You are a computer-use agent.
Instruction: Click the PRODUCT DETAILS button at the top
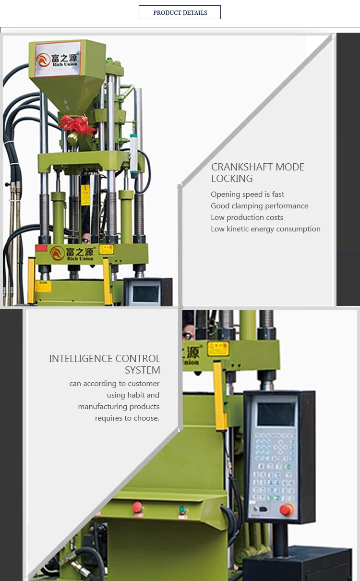tap(180, 12)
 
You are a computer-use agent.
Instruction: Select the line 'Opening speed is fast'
tap(247, 194)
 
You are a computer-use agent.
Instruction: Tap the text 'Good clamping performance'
tap(259, 206)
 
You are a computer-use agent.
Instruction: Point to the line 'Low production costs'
tap(247, 218)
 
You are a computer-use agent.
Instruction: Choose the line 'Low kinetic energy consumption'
tap(265, 229)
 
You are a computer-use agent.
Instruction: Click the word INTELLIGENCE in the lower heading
tap(80, 359)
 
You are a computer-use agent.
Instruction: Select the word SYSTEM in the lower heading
tap(142, 370)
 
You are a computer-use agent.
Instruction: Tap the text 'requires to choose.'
tap(127, 418)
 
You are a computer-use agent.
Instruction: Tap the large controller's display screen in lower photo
tap(276, 414)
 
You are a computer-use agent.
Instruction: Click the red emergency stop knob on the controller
tap(287, 509)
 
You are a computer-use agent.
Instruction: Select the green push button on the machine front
tap(182, 510)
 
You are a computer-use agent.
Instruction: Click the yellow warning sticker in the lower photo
tap(218, 349)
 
